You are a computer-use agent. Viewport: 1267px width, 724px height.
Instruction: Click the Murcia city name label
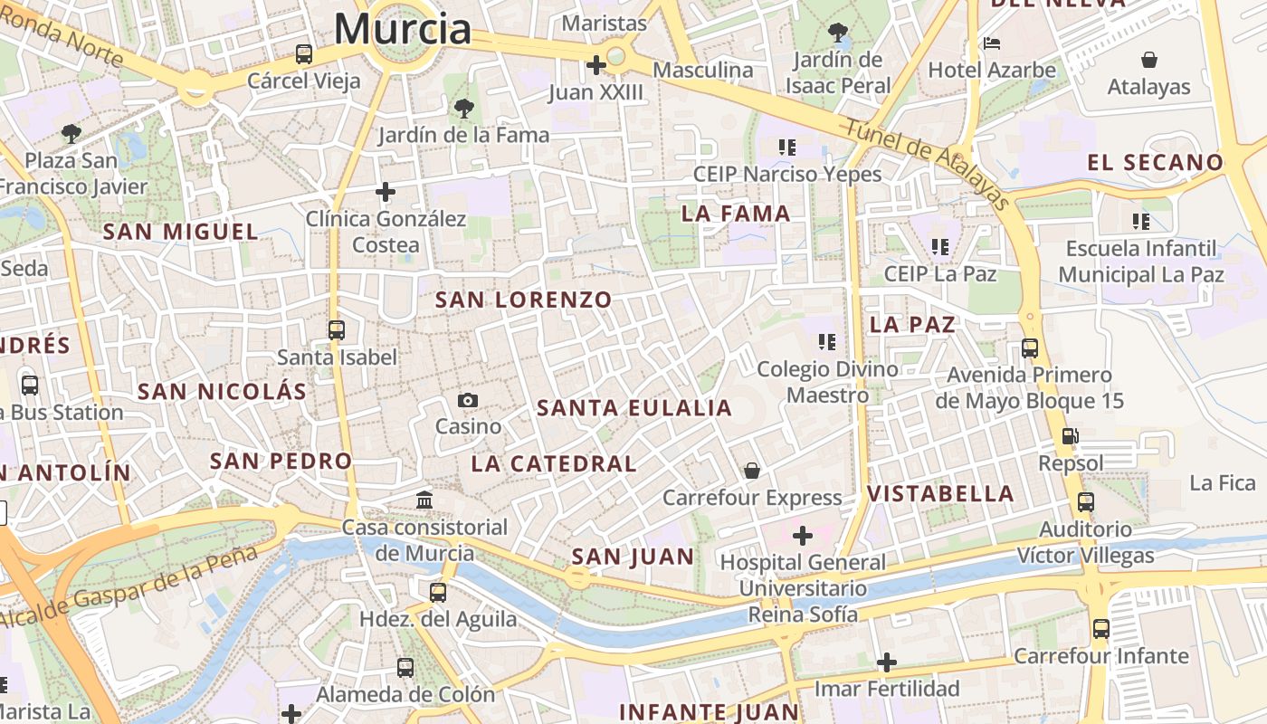pos(403,29)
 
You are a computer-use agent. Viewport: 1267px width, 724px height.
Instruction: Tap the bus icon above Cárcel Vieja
pos(304,54)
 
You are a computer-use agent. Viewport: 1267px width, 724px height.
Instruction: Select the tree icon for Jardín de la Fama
pos(463,109)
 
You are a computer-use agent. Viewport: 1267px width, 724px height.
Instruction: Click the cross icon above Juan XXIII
pos(595,65)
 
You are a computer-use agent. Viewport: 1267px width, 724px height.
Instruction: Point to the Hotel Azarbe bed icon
pos(992,43)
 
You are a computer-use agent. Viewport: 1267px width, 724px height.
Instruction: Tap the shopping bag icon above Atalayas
pos(1148,60)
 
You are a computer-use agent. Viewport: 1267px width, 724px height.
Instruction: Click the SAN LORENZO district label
pos(523,300)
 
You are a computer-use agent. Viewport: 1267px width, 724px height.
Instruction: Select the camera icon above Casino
pos(467,400)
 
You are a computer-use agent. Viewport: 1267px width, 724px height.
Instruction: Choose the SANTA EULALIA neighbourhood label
pos(633,408)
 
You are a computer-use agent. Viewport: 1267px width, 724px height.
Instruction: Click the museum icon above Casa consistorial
pos(424,500)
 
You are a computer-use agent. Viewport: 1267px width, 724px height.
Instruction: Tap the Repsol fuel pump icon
pos(1070,436)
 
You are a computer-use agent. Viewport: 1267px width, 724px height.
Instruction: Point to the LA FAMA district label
pos(736,214)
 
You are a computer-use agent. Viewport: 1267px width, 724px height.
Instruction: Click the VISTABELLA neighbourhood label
pos(940,494)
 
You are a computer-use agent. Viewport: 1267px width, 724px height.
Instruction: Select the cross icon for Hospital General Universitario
pos(802,536)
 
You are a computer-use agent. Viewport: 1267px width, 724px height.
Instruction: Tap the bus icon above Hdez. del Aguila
pos(438,593)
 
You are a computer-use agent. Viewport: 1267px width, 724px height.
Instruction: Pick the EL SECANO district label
pos(1155,163)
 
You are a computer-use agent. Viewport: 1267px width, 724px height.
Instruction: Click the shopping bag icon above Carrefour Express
pos(751,471)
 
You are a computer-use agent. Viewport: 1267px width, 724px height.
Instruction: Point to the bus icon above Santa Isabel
pos(337,330)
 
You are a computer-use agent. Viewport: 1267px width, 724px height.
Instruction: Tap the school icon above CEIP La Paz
pos(939,246)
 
